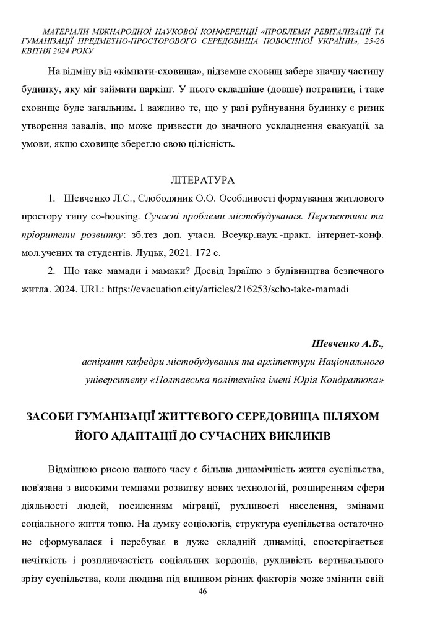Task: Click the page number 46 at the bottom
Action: [x=202, y=592]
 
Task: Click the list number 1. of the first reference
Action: [x=52, y=199]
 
